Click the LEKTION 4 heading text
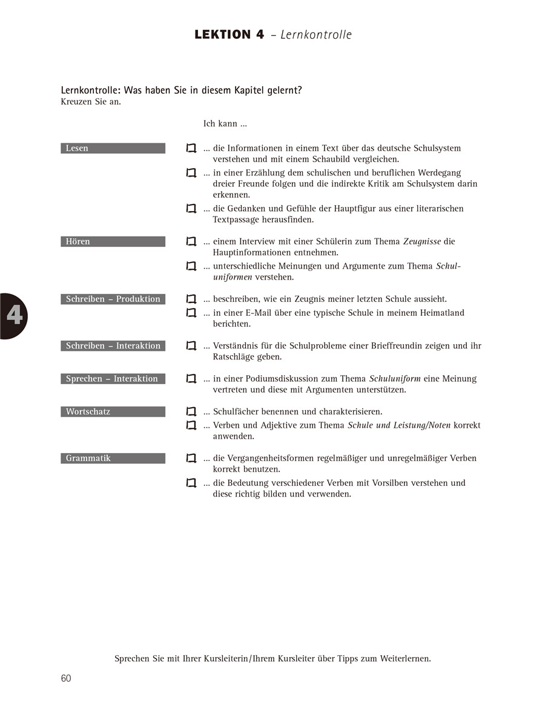point(230,34)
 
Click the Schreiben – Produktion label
point(113,299)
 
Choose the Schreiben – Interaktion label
point(113,346)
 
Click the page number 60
point(66,678)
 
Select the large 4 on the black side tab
point(15,316)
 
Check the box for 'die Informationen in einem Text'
point(191,148)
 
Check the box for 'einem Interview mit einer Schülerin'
point(191,241)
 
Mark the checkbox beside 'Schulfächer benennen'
point(191,412)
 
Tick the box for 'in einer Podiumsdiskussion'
point(191,379)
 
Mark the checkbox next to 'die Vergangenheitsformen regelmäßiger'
point(191,459)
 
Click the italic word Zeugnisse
point(422,241)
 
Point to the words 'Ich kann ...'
point(225,124)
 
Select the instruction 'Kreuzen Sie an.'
point(91,102)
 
